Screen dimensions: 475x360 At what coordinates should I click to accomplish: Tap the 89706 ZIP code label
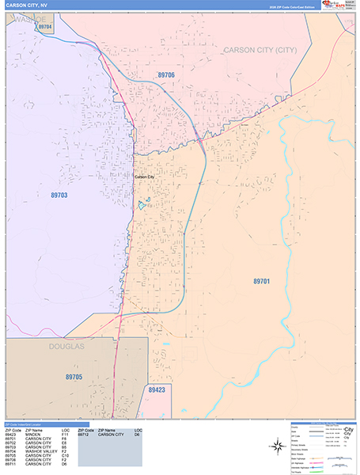165,74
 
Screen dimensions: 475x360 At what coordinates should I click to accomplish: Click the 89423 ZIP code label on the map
157,390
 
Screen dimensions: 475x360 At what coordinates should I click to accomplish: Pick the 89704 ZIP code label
44,28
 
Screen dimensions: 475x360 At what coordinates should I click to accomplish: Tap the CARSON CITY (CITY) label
260,50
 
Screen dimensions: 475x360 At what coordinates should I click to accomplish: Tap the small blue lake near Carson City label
140,206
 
